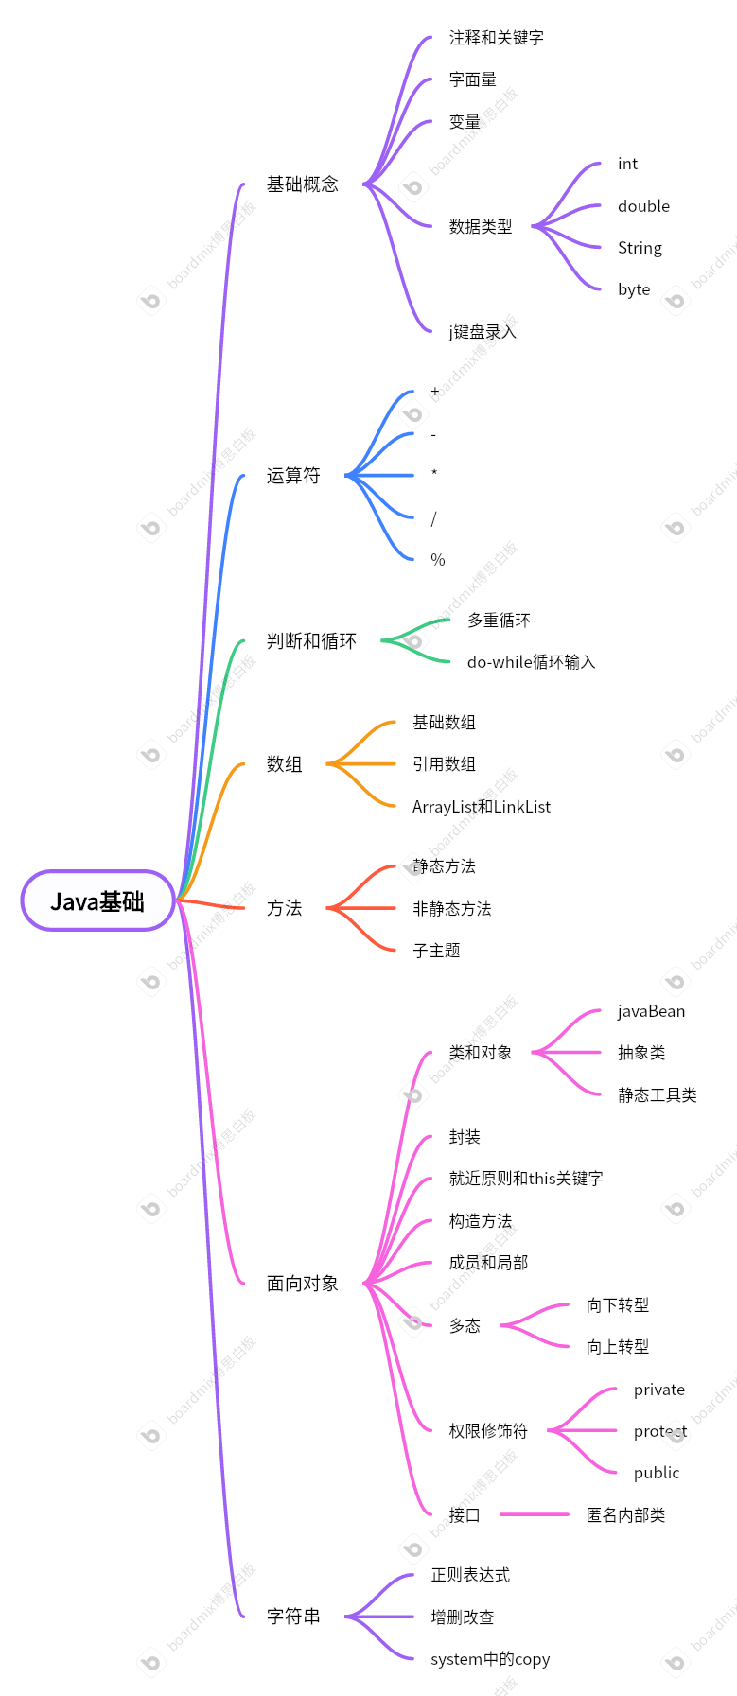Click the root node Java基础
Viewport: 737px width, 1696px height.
(97, 901)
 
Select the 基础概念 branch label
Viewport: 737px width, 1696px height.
(302, 184)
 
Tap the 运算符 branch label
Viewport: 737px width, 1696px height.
(293, 476)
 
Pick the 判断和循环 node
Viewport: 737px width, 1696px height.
(311, 641)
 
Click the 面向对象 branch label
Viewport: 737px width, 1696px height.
(302, 1284)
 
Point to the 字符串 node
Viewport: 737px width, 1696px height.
(293, 1617)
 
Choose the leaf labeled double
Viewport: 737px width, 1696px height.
(643, 206)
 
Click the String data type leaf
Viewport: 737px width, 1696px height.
(640, 248)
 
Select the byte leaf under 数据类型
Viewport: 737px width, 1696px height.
(634, 289)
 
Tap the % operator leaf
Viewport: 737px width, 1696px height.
(437, 560)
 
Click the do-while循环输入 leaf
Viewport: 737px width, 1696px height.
(531, 662)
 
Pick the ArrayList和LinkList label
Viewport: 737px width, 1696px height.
(481, 807)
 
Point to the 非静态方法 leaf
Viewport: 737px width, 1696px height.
(451, 909)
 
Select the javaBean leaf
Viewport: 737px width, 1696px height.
(651, 1011)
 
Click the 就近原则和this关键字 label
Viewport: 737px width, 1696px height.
(525, 1179)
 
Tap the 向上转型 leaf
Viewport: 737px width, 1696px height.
(617, 1347)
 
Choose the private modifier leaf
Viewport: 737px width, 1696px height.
(658, 1390)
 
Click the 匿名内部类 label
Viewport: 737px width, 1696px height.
(625, 1515)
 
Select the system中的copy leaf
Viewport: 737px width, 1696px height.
(489, 1659)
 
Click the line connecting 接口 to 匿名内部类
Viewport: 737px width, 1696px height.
(535, 1514)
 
